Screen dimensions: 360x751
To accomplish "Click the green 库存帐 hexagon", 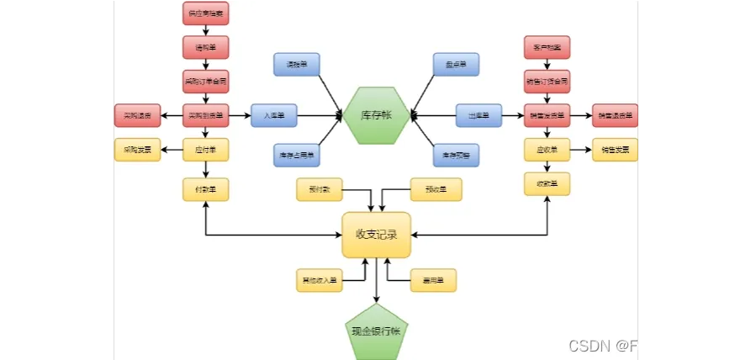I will (x=376, y=115).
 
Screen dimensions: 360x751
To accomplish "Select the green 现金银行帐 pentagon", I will (x=376, y=331).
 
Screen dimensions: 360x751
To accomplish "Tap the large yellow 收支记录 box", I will (x=376, y=235).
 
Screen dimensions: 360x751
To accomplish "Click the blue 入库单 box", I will (x=273, y=115).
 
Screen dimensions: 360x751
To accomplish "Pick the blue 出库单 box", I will (x=479, y=115).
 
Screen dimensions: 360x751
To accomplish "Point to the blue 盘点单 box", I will (x=456, y=64).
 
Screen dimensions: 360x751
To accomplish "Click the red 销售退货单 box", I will (x=615, y=115).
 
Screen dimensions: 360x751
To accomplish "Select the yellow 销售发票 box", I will (x=615, y=150).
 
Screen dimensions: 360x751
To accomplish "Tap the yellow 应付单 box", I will (x=205, y=150).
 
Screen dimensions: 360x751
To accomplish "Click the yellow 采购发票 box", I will (x=137, y=150).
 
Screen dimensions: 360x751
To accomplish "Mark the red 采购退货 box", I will (x=137, y=115).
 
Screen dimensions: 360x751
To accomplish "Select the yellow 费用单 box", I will (x=433, y=280).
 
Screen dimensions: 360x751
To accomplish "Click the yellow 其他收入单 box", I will (x=319, y=280).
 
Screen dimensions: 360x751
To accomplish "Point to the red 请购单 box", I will (x=205, y=47).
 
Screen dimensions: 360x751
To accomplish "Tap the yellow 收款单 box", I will (x=547, y=183).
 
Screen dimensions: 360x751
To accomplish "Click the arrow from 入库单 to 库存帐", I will (x=320, y=115).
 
